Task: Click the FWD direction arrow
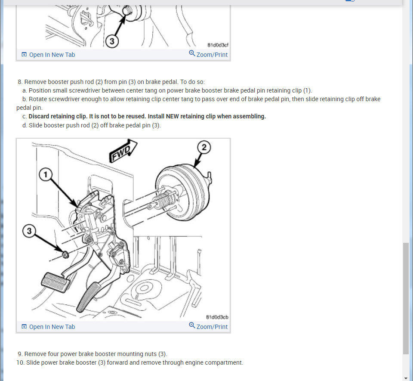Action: click(123, 151)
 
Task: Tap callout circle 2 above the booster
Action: click(204, 147)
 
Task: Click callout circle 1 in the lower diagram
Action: click(46, 175)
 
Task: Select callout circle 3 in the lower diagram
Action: click(29, 231)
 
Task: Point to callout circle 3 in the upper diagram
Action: click(112, 41)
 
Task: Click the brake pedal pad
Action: click(56, 282)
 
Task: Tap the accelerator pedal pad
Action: click(88, 297)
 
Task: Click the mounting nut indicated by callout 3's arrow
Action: click(65, 255)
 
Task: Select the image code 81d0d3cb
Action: click(217, 317)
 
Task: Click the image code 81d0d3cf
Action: click(218, 45)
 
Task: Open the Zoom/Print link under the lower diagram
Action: click(208, 326)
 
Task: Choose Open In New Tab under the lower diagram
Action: click(48, 327)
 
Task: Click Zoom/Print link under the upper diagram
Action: click(208, 54)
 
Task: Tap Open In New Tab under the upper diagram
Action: click(48, 55)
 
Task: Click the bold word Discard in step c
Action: click(39, 117)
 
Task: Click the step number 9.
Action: click(20, 354)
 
